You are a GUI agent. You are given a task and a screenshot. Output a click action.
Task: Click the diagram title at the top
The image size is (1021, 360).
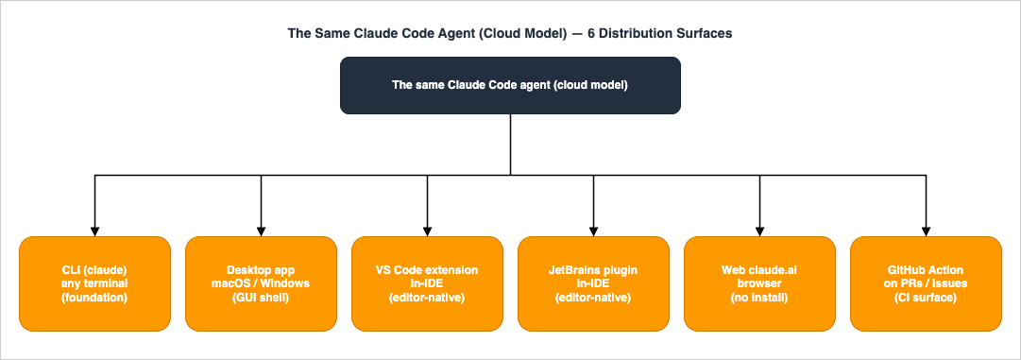pyautogui.click(x=510, y=33)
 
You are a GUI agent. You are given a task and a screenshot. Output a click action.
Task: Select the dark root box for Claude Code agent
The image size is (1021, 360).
pyautogui.click(x=510, y=85)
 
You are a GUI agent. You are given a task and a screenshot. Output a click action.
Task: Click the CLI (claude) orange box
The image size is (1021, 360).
pyautogui.click(x=94, y=283)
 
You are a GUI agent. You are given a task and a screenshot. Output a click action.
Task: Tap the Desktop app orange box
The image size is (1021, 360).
pyautogui.click(x=261, y=283)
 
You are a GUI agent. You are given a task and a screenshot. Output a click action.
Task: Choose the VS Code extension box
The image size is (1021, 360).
pyautogui.click(x=427, y=283)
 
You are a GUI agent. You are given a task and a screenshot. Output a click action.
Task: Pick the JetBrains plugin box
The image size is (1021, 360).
pyautogui.click(x=593, y=283)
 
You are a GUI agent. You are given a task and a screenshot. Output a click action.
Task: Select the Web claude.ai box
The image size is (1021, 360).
pyautogui.click(x=759, y=283)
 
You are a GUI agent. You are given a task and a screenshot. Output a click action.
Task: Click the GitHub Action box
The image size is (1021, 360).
pyautogui.click(x=926, y=283)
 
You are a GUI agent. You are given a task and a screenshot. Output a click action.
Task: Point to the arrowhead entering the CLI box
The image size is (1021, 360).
pyautogui.click(x=94, y=231)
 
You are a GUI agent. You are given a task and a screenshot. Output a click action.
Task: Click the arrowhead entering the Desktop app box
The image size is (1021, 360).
pyautogui.click(x=261, y=231)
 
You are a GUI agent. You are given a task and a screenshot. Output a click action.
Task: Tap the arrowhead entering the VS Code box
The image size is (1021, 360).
pyautogui.click(x=427, y=231)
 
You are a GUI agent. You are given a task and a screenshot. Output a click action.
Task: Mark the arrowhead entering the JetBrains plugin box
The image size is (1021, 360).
pyautogui.click(x=593, y=231)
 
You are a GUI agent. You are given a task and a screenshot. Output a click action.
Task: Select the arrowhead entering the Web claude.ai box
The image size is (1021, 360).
pyautogui.click(x=759, y=231)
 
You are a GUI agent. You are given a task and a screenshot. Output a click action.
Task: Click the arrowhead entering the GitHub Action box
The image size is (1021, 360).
pyautogui.click(x=926, y=231)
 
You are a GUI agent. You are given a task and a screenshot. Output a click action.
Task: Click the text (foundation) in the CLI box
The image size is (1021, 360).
pyautogui.click(x=94, y=298)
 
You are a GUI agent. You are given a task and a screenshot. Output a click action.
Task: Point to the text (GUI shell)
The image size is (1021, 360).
pyautogui.click(x=261, y=298)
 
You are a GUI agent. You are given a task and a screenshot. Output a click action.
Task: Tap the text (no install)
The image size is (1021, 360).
pyautogui.click(x=759, y=298)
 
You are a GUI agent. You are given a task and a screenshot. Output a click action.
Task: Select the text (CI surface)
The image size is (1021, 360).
pyautogui.click(x=926, y=298)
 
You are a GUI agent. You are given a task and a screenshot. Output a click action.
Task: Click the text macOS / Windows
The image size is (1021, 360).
pyautogui.click(x=261, y=283)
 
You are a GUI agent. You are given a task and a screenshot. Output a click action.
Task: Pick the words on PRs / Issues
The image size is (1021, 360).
pyautogui.click(x=926, y=283)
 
